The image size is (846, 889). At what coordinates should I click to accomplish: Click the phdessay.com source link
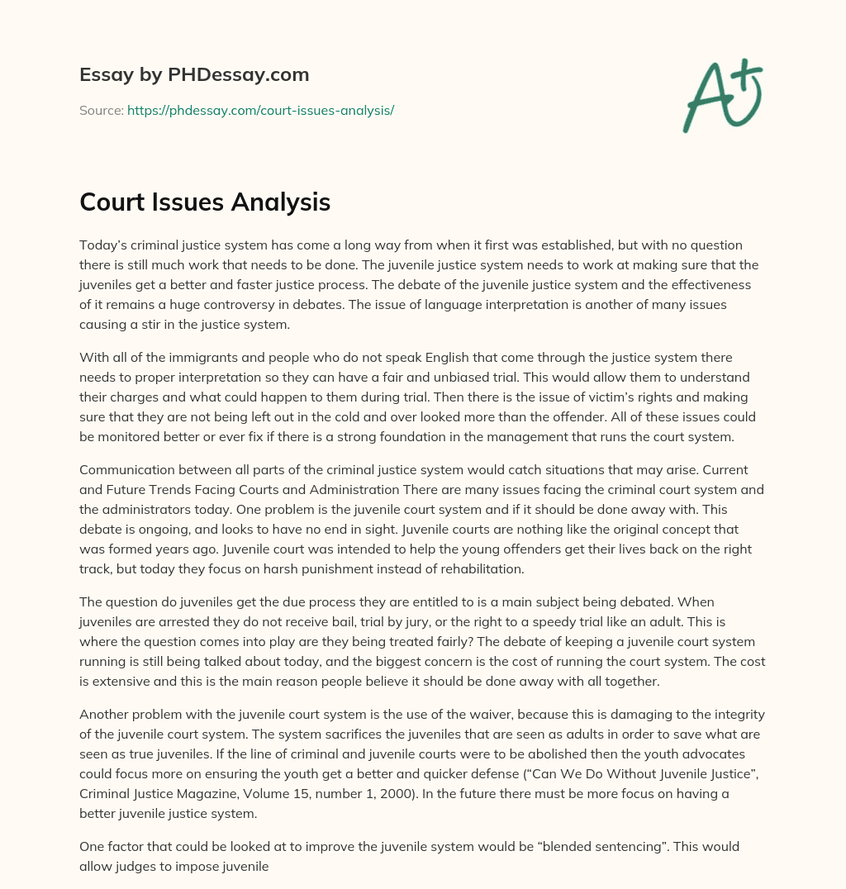click(x=260, y=110)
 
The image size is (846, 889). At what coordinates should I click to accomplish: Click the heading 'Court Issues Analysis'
click(x=205, y=202)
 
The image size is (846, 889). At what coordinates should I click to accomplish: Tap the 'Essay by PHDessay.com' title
click(x=194, y=74)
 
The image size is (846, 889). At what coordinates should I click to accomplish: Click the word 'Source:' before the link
click(x=101, y=110)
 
